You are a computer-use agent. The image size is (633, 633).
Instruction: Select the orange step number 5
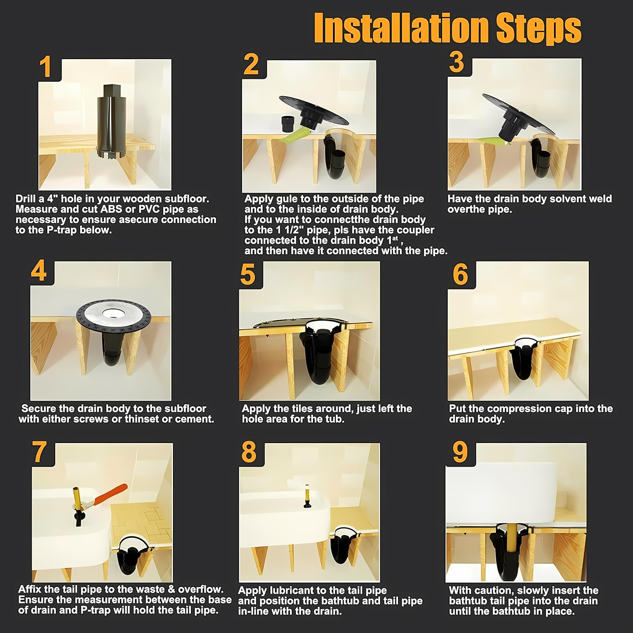pyautogui.click(x=248, y=275)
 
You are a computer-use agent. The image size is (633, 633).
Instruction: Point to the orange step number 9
pyautogui.click(x=460, y=452)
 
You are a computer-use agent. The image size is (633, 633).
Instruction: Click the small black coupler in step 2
pyautogui.click(x=289, y=124)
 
